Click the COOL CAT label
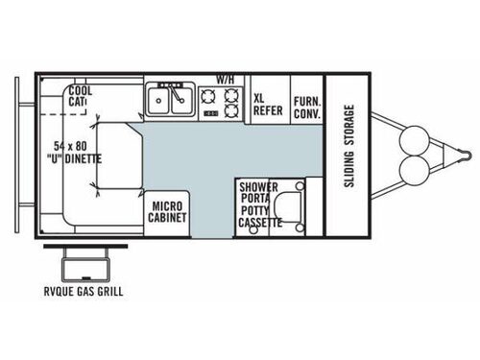(80, 96)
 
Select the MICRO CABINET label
(167, 211)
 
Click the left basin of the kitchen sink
(158, 98)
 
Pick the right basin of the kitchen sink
(181, 98)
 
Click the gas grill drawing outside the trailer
(84, 260)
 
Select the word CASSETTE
(260, 223)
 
